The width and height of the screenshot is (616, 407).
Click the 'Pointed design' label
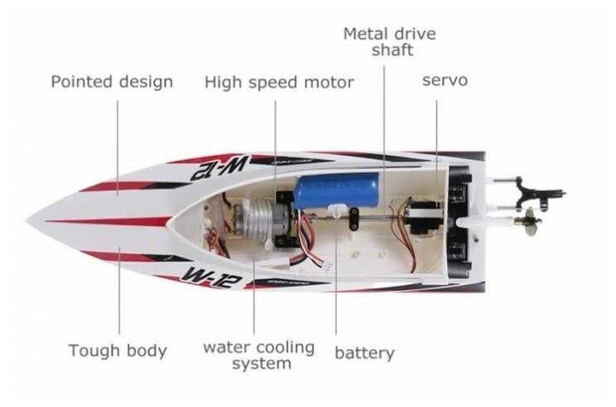pos(112,82)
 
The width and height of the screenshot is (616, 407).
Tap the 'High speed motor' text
pos(279,83)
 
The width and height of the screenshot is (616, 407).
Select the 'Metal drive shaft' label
pos(389,42)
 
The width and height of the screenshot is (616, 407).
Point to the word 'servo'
pos(445,80)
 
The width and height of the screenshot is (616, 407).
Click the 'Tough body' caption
pos(118,351)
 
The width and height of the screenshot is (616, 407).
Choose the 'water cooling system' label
pos(258,355)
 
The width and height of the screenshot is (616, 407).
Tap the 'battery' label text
pos(364,353)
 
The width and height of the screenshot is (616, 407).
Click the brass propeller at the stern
pos(528,222)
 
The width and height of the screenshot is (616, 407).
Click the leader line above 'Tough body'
pos(118,290)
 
